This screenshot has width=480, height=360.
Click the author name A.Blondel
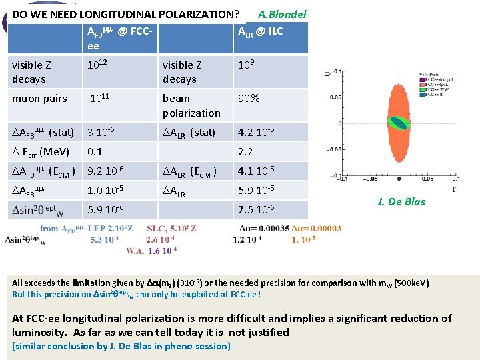click(281, 13)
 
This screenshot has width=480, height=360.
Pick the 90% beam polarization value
click(250, 99)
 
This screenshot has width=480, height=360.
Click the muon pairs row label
click(39, 99)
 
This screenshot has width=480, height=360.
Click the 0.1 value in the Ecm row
click(95, 151)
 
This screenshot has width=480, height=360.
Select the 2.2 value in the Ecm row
click(245, 151)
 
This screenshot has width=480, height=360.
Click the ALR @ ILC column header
click(261, 31)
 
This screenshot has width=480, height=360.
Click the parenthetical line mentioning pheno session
click(121, 345)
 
